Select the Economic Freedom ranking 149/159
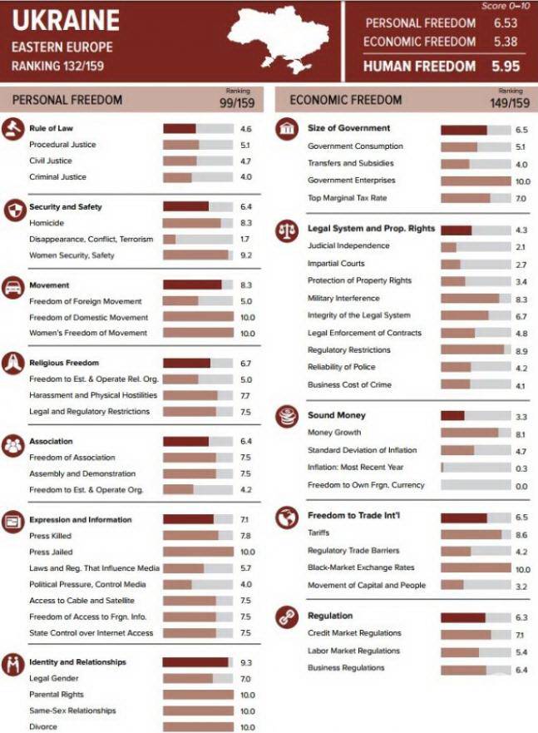[509, 103]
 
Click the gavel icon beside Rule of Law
[12, 129]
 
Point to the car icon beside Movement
[12, 285]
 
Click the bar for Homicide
[198, 223]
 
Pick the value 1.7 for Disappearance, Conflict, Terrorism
[245, 239]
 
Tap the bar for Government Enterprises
[475, 181]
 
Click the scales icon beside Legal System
[287, 229]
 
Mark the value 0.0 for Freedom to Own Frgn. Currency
[521, 485]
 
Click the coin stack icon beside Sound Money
[287, 415]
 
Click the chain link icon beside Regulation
[287, 617]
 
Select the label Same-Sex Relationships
[72, 711]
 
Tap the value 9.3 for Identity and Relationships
[245, 662]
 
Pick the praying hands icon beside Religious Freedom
[12, 364]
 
